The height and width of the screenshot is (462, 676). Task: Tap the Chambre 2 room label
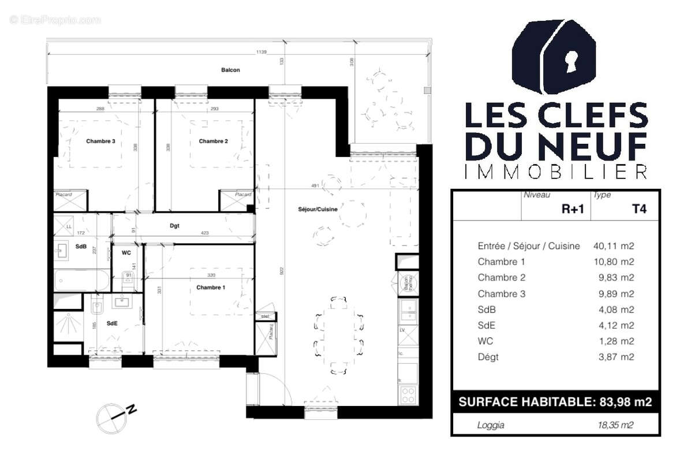213,141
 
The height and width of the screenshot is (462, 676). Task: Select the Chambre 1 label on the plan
211,288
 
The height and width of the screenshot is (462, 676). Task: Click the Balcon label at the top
230,70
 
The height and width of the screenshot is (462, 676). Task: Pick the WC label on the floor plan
126,253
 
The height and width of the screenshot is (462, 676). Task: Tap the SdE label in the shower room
112,323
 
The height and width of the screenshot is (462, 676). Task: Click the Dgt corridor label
174,226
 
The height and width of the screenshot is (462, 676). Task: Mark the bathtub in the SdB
81,281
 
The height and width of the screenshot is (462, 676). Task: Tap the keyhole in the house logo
572,61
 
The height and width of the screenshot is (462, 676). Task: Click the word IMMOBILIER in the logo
556,172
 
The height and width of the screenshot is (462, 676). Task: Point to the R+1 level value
573,209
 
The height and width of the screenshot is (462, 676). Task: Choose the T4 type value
639,209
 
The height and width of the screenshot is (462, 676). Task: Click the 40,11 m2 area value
614,246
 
